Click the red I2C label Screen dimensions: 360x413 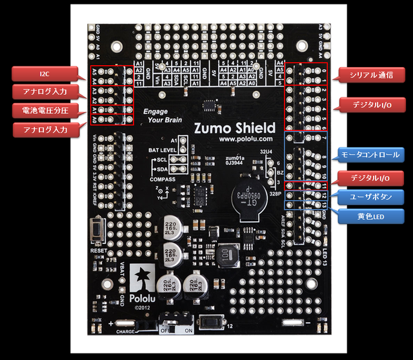[x=44, y=74]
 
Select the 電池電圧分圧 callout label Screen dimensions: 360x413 [x=45, y=110]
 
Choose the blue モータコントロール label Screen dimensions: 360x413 [x=371, y=155]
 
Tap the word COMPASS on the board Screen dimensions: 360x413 [x=162, y=179]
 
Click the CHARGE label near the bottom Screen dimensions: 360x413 [x=126, y=332]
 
